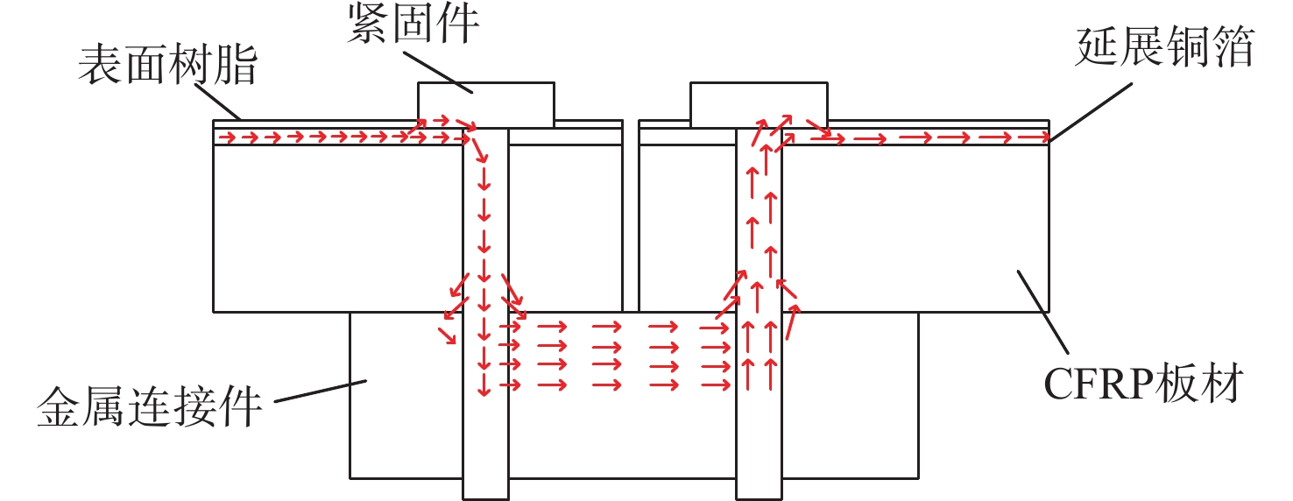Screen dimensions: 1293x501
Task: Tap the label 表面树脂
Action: point(168,65)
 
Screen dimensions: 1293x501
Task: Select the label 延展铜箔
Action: point(1165,46)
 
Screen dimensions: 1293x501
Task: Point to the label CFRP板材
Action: point(1143,383)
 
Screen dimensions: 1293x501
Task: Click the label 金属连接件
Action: point(150,406)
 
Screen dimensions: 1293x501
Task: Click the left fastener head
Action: point(486,105)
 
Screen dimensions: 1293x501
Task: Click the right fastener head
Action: point(759,105)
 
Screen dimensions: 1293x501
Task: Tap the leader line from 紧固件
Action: point(438,72)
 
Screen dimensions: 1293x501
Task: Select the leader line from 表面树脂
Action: point(218,102)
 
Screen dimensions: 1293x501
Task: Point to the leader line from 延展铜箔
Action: point(1091,112)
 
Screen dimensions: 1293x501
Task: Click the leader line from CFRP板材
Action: point(1042,311)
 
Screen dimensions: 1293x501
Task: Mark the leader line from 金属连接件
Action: point(321,391)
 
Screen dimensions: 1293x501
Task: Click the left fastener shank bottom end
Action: point(485,498)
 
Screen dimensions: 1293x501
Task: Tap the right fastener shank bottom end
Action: point(759,498)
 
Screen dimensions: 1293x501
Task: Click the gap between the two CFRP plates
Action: point(631,215)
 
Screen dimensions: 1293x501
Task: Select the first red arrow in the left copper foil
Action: point(228,138)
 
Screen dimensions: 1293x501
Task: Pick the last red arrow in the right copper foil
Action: point(1033,138)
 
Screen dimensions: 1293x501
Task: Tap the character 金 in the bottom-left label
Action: point(59,406)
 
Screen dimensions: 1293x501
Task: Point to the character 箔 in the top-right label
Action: point(1233,46)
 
